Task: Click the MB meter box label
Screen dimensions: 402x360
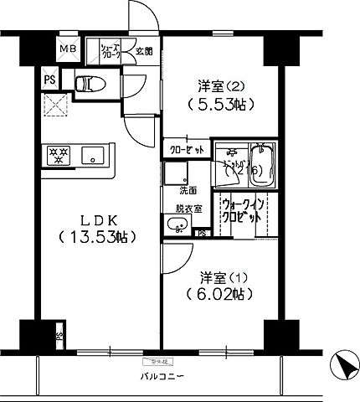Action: tap(66, 49)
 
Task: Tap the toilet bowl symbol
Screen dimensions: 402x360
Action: tap(87, 83)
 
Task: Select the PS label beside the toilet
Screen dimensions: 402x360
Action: tap(49, 80)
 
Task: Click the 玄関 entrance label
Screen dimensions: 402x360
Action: tap(144, 51)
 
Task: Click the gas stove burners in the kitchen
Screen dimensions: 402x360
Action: tap(59, 155)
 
